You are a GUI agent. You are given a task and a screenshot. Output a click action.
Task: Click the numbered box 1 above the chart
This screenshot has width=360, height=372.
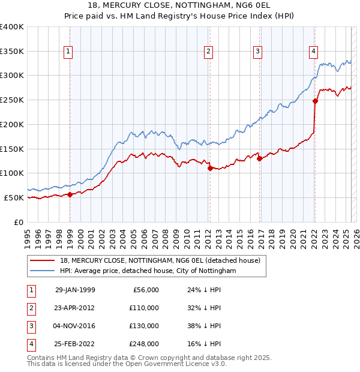tap(68, 52)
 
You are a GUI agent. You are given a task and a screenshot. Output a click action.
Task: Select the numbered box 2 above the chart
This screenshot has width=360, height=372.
tap(208, 52)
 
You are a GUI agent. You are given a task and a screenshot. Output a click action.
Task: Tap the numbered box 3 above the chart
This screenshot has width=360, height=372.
tap(257, 52)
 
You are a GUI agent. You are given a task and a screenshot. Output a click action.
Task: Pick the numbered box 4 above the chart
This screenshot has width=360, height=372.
tap(313, 52)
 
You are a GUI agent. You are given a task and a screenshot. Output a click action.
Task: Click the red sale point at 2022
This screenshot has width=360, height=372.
tap(315, 101)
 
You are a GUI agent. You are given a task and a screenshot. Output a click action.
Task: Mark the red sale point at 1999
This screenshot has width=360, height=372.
tap(70, 194)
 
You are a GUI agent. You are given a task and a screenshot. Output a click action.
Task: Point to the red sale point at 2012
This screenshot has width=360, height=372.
tap(210, 168)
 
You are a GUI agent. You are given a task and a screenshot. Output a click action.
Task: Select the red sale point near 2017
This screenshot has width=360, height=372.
tap(259, 158)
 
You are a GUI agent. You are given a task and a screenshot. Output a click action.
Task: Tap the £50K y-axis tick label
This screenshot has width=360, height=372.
tap(14, 197)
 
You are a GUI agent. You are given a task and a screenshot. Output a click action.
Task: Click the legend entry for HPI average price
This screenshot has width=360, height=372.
tap(148, 271)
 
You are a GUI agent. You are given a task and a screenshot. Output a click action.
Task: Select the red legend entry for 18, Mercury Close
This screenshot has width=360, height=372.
tap(160, 260)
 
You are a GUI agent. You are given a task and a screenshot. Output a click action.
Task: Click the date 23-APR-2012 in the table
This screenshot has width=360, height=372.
tap(75, 308)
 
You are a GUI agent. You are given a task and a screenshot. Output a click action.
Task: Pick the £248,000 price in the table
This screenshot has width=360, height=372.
tap(144, 344)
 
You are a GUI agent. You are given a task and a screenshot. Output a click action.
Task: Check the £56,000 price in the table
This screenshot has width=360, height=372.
tap(146, 290)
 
